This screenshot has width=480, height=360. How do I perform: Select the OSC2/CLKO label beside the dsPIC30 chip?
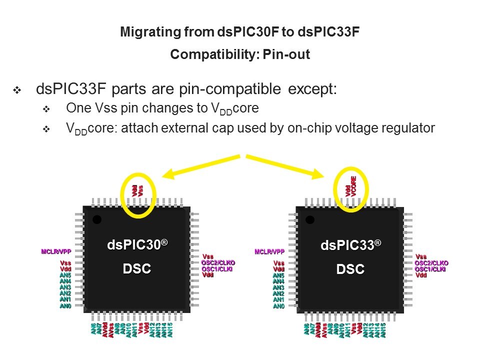coord(218,263)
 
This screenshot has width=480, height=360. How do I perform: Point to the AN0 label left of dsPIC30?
coord(65,305)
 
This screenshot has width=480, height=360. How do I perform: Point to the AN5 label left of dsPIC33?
coord(278,275)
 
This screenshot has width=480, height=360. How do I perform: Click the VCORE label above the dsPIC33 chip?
coord(353,185)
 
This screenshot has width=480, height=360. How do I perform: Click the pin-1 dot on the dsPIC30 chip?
coord(97,219)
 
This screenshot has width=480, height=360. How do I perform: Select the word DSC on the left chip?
coord(137,269)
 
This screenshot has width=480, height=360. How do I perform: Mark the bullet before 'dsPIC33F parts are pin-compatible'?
coord(17,91)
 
